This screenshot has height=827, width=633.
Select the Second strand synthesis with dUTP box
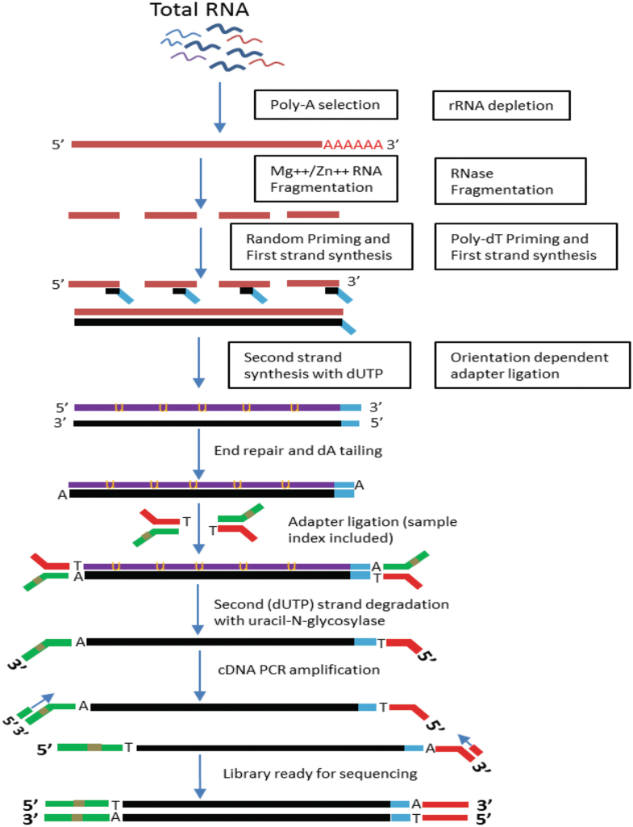click(x=319, y=365)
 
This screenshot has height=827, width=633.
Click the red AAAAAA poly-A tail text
click(x=352, y=145)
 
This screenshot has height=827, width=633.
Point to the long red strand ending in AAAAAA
click(x=197, y=144)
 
